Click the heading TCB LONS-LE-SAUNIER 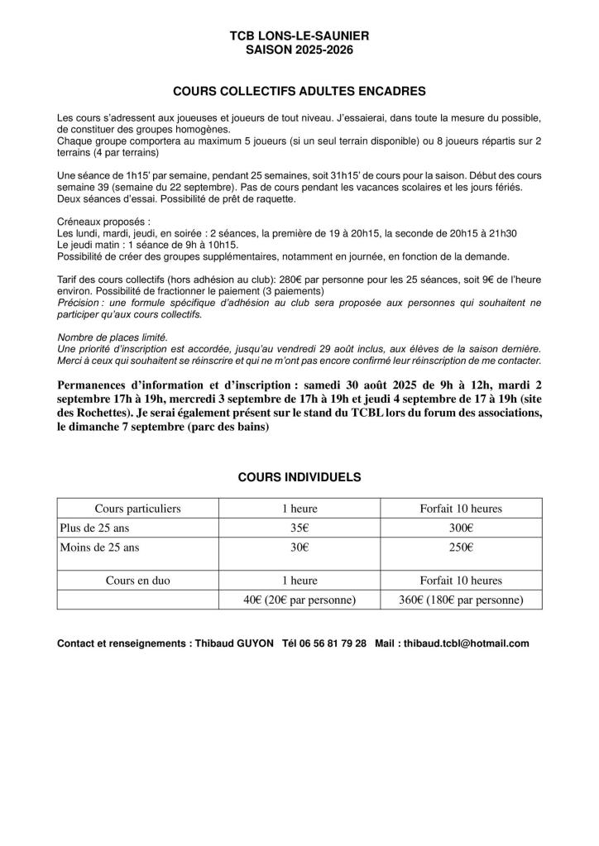tap(299, 37)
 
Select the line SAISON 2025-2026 tap(299, 50)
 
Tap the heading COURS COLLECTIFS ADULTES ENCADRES tap(299, 89)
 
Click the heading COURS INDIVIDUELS tap(299, 477)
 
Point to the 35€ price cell tap(299, 528)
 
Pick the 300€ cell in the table tap(461, 528)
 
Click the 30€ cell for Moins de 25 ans tap(299, 547)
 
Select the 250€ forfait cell tap(461, 547)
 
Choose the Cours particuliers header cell tap(137, 509)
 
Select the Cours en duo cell tap(137, 581)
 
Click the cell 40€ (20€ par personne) tap(299, 600)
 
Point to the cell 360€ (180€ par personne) tap(461, 600)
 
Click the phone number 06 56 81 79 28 tap(336, 643)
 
